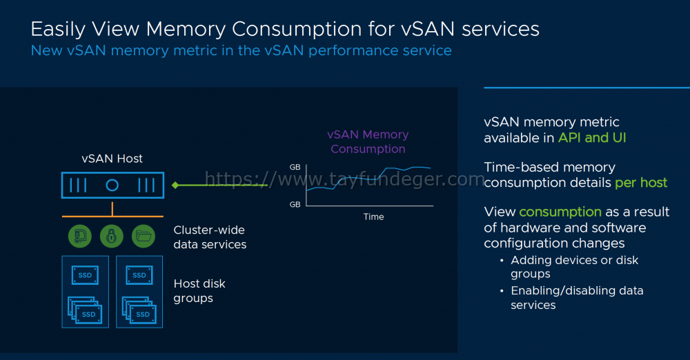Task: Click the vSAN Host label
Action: pos(112,159)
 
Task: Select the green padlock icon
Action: pos(112,236)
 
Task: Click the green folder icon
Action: pos(144,236)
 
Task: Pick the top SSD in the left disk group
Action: pos(85,275)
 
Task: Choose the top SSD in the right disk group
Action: pos(139,275)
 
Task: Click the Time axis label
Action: pos(373,217)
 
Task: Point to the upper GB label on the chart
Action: pos(295,167)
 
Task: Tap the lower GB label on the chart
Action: pos(295,204)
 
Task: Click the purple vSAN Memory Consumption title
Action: pos(368,141)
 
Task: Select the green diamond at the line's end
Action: pos(175,185)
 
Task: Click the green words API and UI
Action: pos(592,138)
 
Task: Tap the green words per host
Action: pos(641,183)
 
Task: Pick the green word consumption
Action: pos(560,212)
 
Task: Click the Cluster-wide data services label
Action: pos(210,237)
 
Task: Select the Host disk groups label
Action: pos(199,291)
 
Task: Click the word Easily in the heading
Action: pos(58,30)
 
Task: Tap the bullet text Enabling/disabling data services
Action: pos(577,298)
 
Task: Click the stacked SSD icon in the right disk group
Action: pos(139,310)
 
